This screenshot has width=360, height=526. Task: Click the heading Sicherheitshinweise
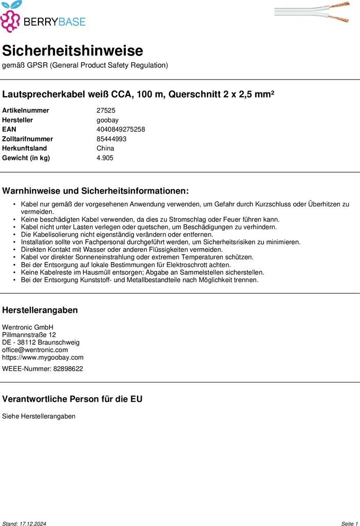coord(72,51)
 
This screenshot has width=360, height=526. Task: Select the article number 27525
coord(106,110)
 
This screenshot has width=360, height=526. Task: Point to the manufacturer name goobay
coord(107,120)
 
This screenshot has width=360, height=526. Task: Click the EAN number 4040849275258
coord(121,129)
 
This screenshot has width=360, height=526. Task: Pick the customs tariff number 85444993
coord(111,139)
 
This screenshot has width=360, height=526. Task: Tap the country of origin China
coord(105,148)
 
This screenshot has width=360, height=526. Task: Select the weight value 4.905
coord(105,158)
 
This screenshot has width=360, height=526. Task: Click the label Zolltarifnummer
coord(27,139)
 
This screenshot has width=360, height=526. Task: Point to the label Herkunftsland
coord(24,148)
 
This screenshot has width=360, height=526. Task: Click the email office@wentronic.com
coord(35,350)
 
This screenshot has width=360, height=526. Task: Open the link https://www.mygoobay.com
coord(43,358)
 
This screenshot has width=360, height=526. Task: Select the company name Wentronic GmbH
coord(28,327)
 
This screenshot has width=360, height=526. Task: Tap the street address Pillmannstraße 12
coord(29,335)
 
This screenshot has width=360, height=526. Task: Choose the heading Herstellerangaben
coord(40,310)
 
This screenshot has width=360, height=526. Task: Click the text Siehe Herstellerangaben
coord(39,416)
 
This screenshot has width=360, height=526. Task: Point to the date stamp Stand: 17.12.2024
coord(24,523)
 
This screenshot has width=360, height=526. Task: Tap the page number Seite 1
coord(349,523)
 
